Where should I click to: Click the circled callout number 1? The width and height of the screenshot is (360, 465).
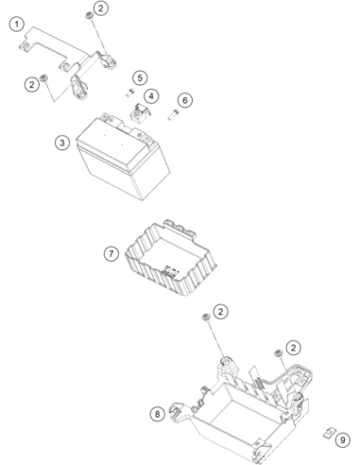coord(17,25)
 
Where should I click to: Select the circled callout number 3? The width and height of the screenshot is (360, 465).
coord(62,143)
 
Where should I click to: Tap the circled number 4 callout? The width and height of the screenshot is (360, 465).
coord(151,95)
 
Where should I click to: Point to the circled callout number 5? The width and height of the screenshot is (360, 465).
coord(140,77)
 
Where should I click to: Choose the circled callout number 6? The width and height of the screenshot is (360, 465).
coord(185,100)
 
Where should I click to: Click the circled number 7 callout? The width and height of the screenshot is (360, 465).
coord(111,253)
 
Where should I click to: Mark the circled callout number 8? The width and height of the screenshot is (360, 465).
coord(158,414)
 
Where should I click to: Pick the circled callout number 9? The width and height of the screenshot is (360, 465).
coord(343,439)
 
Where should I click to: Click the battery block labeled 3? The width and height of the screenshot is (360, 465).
coord(123,157)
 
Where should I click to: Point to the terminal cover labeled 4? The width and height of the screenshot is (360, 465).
coord(140,113)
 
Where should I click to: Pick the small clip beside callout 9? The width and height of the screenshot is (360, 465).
coord(329,432)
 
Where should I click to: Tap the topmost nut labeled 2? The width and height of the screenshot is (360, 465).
coord(89,15)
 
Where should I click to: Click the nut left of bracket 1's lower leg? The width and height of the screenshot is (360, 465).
coord(44,77)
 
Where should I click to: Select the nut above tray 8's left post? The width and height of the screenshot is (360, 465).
coord(206,317)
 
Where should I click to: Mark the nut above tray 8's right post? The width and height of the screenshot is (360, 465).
coord(278,353)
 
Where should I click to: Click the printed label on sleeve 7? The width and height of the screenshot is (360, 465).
coord(170,271)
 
